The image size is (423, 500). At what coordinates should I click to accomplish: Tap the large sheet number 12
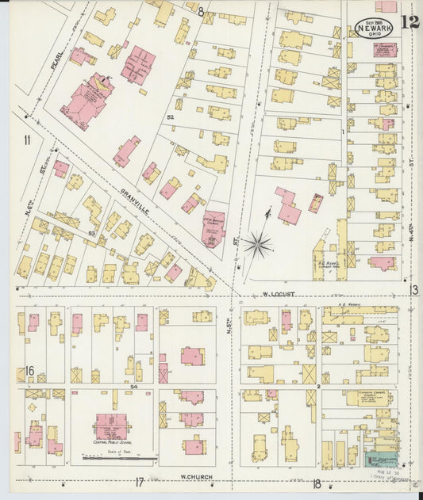410,21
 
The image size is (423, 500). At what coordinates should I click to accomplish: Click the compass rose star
256,244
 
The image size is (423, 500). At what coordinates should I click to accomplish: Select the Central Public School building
113,426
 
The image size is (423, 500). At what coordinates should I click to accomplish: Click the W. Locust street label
278,294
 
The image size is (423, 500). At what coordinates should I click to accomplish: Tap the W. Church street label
194,476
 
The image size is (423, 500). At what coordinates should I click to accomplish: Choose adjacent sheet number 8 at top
201,12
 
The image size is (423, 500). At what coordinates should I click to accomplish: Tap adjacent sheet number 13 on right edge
413,289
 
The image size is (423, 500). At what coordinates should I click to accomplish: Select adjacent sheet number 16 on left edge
29,371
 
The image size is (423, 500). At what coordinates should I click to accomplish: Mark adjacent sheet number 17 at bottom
139,482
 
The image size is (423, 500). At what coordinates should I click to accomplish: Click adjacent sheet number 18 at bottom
316,483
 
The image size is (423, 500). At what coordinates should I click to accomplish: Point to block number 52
170,116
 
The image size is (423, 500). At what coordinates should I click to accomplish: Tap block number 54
134,386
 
